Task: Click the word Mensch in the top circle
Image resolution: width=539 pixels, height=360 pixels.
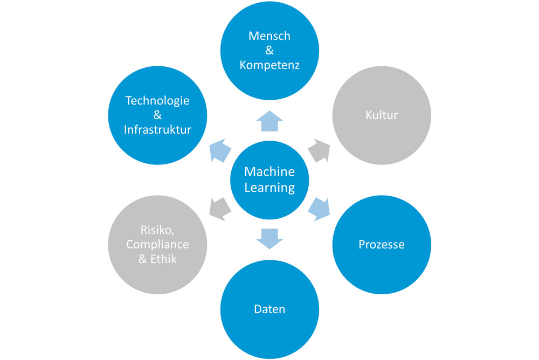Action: point(269,36)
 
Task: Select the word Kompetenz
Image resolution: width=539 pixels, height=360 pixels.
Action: point(269,65)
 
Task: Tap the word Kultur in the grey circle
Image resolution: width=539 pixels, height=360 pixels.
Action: point(382,115)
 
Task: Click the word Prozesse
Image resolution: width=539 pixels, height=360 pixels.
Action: point(382,244)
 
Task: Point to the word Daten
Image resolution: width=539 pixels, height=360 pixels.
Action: point(269,309)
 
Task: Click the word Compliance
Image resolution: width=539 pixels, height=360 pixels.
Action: point(157,244)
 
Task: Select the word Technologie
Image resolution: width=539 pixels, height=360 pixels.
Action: point(157,100)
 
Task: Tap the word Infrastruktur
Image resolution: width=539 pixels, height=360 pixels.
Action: point(157,129)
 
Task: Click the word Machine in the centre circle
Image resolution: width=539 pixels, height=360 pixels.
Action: point(269,171)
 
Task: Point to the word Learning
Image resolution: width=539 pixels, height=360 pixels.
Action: point(269,188)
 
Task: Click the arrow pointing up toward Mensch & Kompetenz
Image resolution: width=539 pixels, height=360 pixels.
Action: point(269,121)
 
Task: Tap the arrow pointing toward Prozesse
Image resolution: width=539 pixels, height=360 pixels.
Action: point(319,208)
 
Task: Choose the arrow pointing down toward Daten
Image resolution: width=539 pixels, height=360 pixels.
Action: point(269,238)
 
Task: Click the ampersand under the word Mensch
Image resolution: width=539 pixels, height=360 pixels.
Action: point(269,51)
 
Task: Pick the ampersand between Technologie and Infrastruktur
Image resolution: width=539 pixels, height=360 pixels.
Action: point(157,115)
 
